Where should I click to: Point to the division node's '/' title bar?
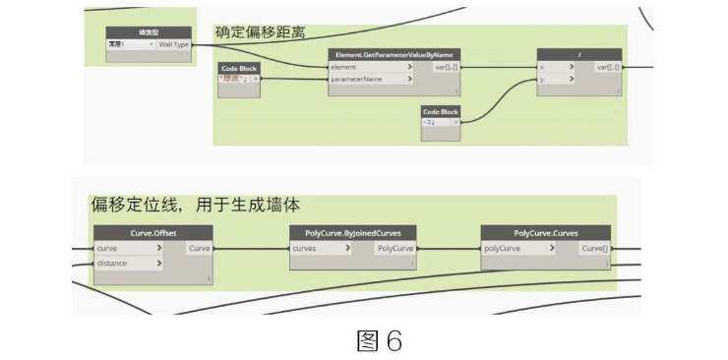click(x=580, y=55)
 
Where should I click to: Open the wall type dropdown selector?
click(x=131, y=44)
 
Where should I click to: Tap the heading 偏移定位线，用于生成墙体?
click(x=196, y=207)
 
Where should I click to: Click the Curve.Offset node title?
click(x=153, y=233)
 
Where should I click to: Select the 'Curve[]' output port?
click(x=593, y=249)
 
